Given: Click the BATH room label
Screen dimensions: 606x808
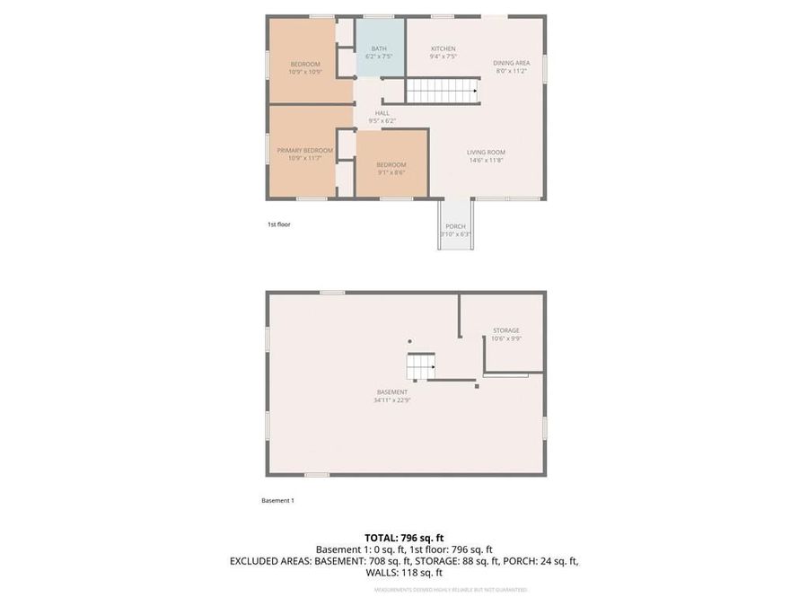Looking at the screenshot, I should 379,48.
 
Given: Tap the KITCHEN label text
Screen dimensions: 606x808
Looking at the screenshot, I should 443,48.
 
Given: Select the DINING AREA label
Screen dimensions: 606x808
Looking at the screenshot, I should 511,63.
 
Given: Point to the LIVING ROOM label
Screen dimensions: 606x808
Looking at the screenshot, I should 486,152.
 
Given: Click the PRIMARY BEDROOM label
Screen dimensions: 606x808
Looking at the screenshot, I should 304,150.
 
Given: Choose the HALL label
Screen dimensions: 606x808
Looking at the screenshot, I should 382,113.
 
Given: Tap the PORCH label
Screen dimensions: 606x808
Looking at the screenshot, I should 455,226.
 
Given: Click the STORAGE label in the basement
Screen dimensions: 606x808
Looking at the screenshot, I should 505,330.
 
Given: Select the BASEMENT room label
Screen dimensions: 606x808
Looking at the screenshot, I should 392,392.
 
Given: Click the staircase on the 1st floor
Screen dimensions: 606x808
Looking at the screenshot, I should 441,91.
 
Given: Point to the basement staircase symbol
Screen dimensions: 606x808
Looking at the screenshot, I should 420,365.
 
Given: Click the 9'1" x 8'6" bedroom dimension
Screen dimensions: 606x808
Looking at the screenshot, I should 391,172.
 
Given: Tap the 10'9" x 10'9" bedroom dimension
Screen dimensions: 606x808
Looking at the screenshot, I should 305,72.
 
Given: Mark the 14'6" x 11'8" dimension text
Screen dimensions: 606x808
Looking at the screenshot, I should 486,160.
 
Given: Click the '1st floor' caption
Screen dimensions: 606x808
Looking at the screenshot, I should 278,224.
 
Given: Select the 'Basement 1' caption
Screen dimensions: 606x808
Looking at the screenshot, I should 277,500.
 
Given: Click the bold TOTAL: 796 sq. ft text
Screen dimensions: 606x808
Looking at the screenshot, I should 404,538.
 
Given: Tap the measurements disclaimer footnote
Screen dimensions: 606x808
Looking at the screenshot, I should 450,590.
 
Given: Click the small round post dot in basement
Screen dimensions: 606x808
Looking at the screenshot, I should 410,341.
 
